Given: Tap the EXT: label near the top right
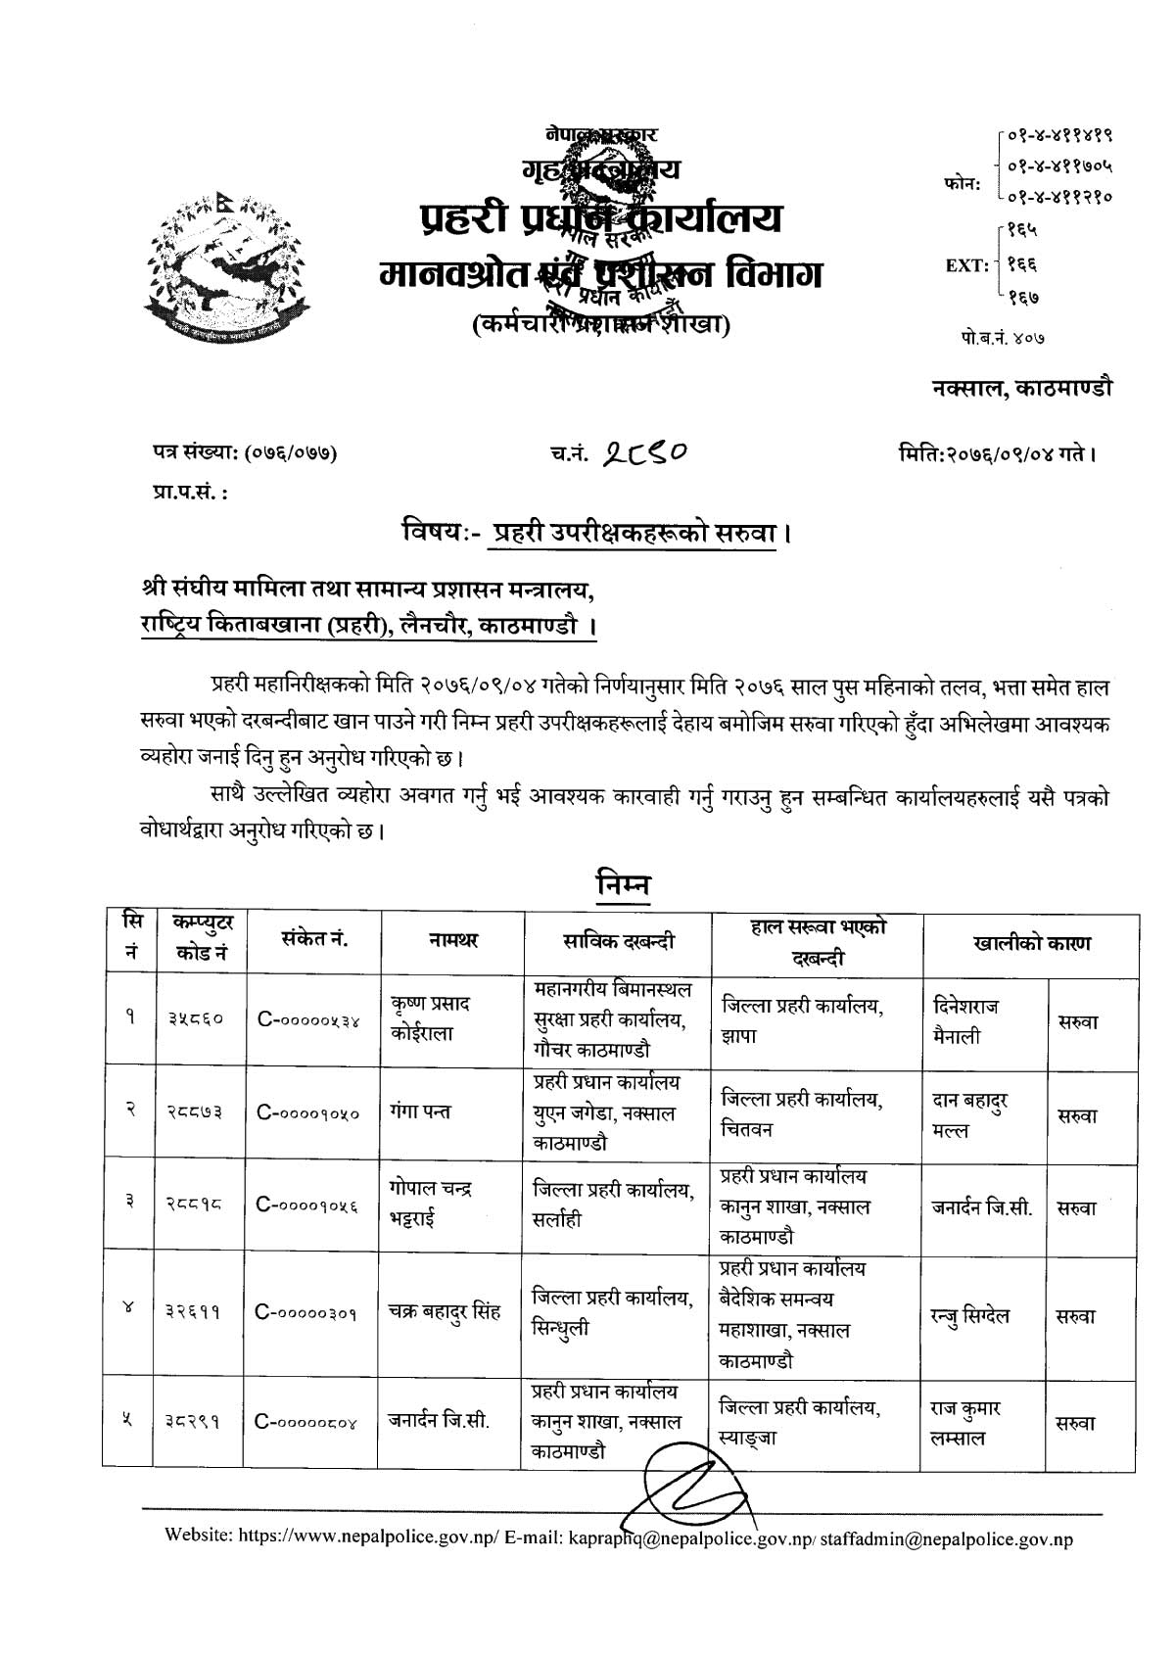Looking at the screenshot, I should pos(966,264).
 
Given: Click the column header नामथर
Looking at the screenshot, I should pos(453,941).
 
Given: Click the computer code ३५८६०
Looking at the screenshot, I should pos(196,1019).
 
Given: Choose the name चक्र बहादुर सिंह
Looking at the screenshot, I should pos(445,1312).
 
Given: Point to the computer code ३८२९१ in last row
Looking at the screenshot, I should pos(196,1423).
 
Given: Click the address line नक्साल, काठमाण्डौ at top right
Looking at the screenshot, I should pos(1021,389).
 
